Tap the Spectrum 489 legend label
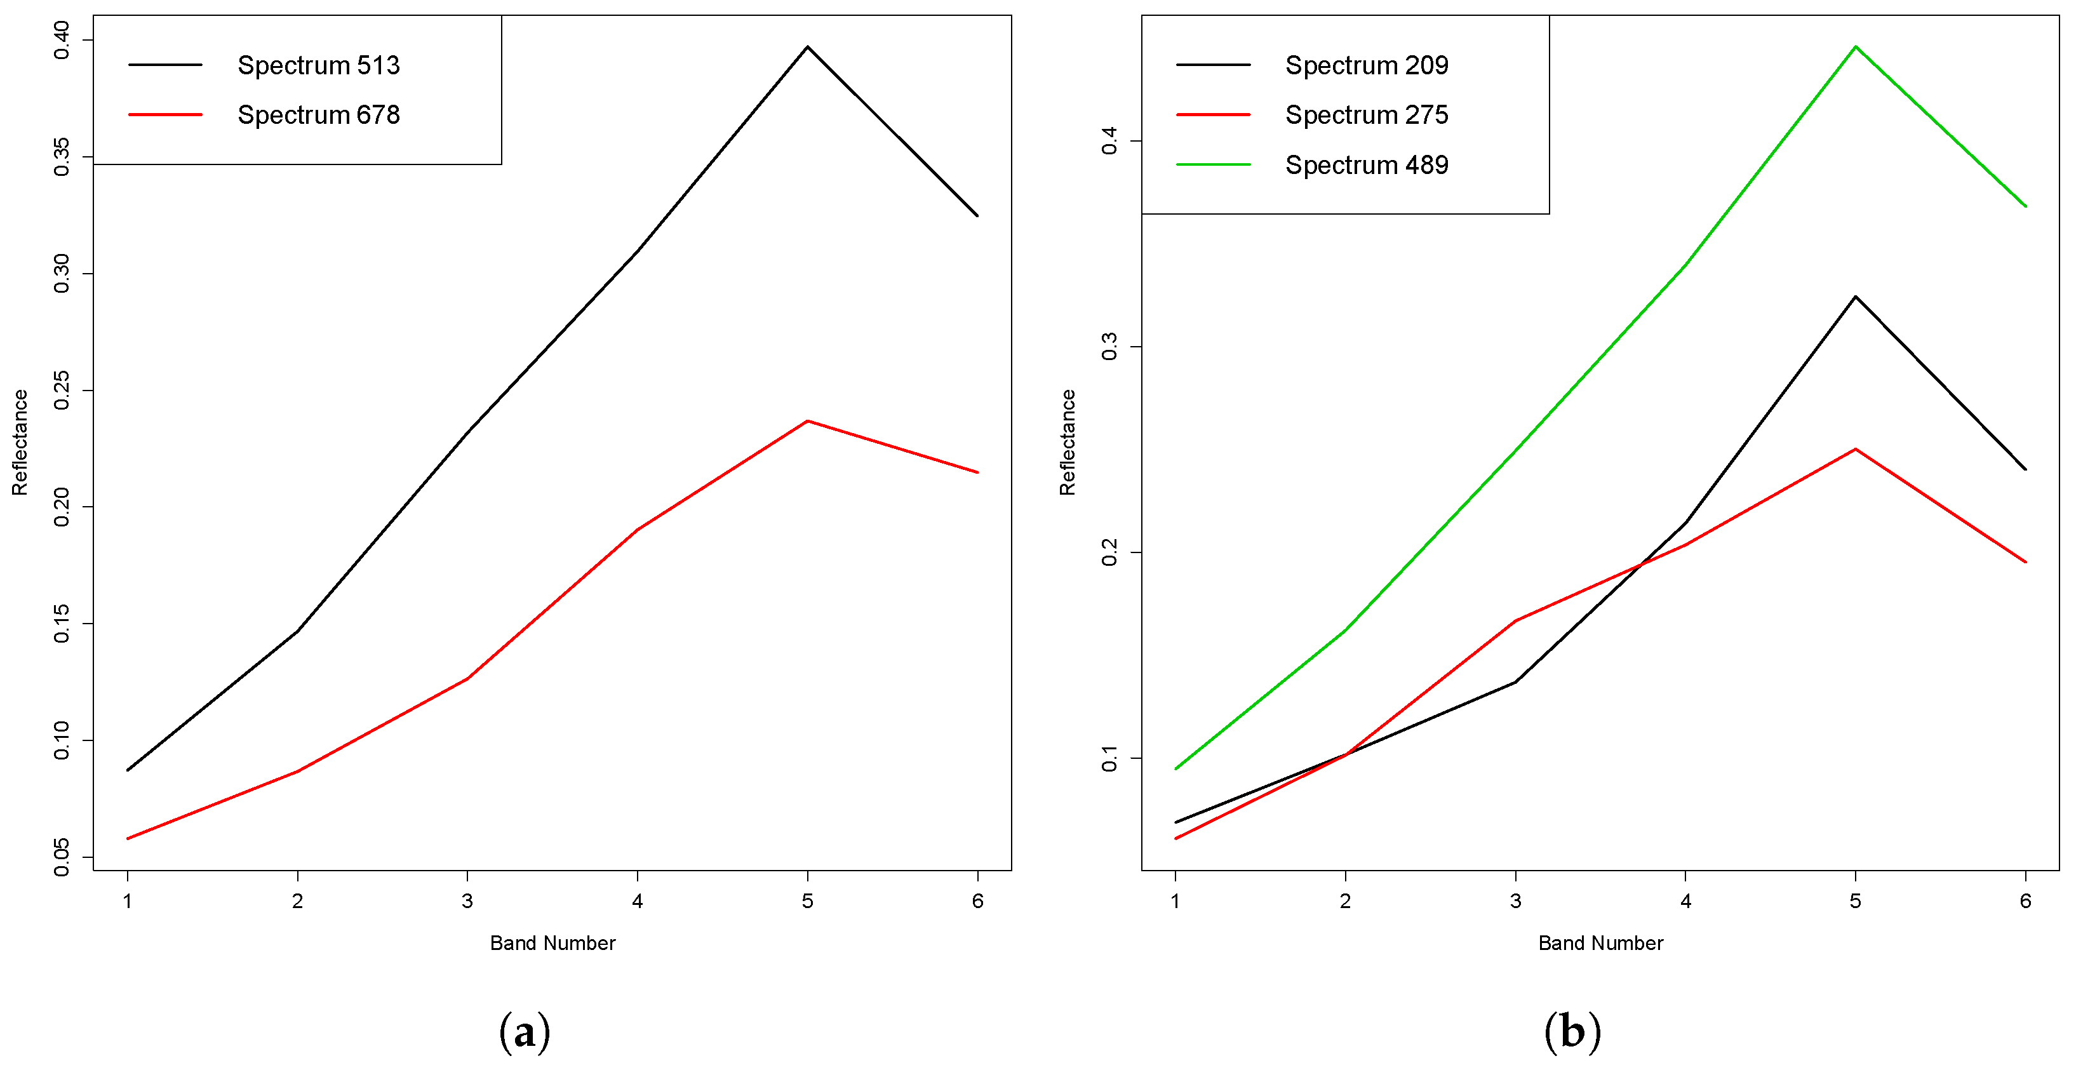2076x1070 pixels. (x=1366, y=165)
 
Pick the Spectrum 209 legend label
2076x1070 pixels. (x=1366, y=65)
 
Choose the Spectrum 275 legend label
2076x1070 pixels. (x=1366, y=115)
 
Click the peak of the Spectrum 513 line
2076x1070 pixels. (x=808, y=47)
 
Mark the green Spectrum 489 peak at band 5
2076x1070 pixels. (x=1855, y=47)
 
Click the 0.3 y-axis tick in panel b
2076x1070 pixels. (x=1109, y=347)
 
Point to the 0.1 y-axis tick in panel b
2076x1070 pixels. (x=1109, y=758)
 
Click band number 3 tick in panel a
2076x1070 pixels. (x=467, y=901)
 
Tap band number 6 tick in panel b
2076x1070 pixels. (x=2025, y=901)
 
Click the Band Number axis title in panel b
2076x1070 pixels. (x=1600, y=944)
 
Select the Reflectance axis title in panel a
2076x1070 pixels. (x=19, y=443)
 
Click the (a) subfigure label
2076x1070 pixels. (x=525, y=1032)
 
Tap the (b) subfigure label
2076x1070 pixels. (x=1572, y=1032)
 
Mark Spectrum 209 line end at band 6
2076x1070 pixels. (x=2025, y=469)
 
